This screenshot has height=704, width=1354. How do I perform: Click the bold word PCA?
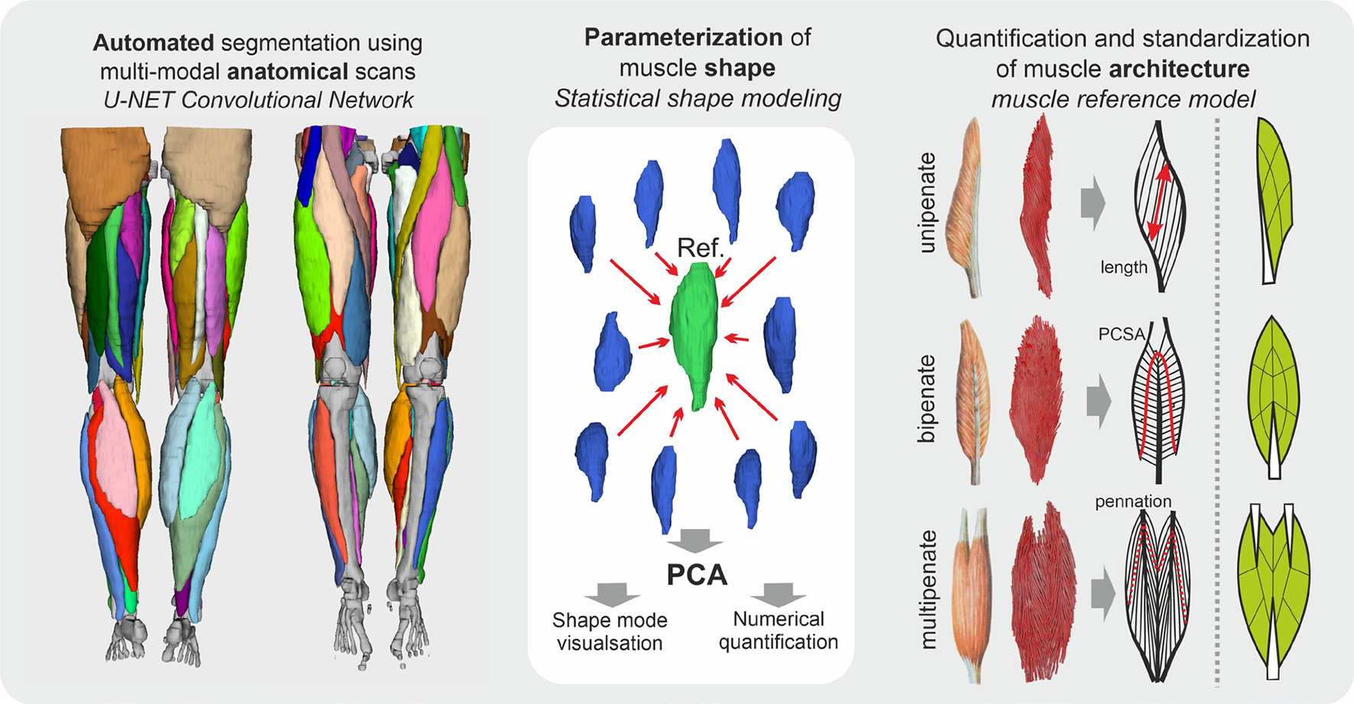[696, 575]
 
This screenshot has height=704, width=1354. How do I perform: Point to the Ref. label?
[700, 248]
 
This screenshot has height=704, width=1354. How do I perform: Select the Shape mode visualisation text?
[609, 631]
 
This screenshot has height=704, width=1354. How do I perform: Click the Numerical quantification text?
[778, 631]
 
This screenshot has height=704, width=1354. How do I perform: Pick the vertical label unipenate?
[928, 203]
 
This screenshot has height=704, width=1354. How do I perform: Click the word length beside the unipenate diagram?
[1124, 268]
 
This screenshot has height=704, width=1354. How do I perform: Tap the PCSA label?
[1122, 334]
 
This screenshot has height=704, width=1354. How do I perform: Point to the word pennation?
[1133, 501]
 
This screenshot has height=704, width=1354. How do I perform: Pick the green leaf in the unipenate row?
[1273, 199]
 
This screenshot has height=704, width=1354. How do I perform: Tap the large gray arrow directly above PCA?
[695, 540]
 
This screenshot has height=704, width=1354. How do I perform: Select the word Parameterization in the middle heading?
[682, 37]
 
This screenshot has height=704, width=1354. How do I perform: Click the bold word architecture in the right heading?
[1179, 69]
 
